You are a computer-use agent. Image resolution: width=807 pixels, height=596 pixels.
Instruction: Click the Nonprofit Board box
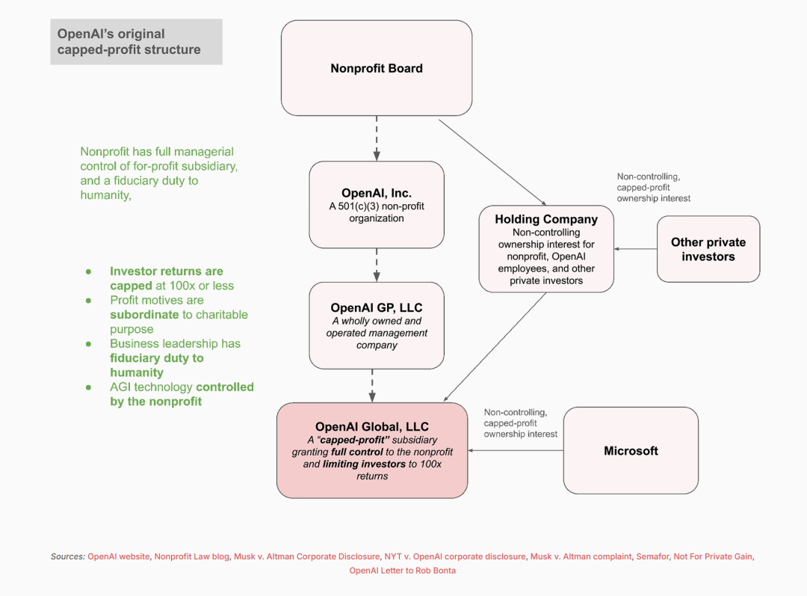click(x=376, y=68)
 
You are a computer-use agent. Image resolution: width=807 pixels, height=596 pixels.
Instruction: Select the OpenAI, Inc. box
click(x=376, y=204)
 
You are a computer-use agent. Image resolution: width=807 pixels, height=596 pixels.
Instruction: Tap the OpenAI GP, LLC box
click(x=376, y=325)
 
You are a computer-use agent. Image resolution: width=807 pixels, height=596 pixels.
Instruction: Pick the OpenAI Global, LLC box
click(x=372, y=450)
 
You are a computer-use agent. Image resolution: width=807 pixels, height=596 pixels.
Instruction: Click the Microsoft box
click(x=631, y=451)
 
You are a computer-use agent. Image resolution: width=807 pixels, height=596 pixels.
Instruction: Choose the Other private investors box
click(x=708, y=249)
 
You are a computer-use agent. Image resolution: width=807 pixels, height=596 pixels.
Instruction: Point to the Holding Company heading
click(x=546, y=219)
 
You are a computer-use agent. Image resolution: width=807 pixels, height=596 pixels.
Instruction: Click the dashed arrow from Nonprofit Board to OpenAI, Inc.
click(x=376, y=138)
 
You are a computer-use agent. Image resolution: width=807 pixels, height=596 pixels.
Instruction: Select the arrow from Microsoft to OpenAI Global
click(x=515, y=451)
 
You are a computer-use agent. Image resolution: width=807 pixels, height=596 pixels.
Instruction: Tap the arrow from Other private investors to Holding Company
click(x=635, y=249)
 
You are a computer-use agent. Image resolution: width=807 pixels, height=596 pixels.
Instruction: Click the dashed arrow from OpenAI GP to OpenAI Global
click(x=372, y=386)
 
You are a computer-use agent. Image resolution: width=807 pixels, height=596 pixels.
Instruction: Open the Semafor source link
click(x=652, y=556)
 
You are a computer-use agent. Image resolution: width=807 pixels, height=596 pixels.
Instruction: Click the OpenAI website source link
click(x=118, y=556)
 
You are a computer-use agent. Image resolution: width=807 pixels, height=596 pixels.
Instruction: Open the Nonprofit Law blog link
click(x=191, y=556)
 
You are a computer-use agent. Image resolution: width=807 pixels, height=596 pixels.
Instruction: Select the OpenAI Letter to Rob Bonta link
click(x=403, y=571)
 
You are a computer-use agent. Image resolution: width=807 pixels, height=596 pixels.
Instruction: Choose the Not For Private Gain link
click(x=713, y=556)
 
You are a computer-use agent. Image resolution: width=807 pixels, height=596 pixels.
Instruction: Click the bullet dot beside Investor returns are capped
click(x=88, y=271)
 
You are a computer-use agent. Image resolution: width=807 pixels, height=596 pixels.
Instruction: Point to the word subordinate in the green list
click(x=144, y=315)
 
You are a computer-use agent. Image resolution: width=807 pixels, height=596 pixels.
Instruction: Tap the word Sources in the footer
click(x=67, y=556)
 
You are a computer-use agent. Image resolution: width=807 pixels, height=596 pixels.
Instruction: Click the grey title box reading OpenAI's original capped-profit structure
click(x=137, y=42)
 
